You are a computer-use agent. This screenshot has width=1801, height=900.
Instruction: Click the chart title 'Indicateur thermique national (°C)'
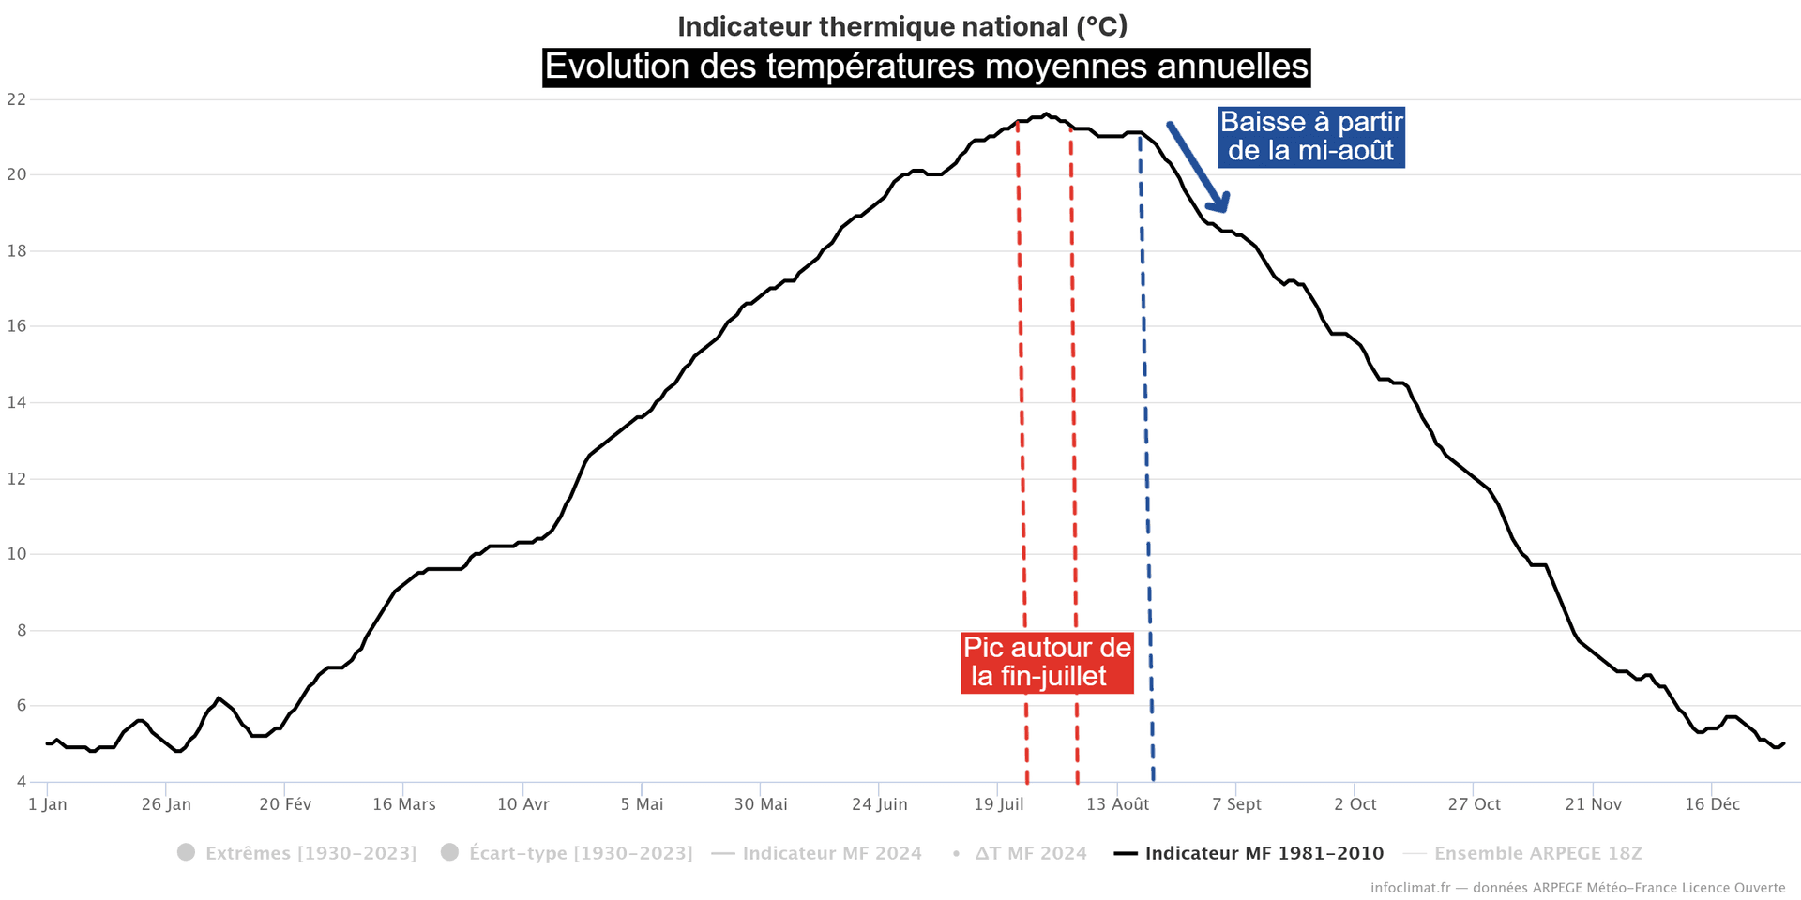tap(902, 26)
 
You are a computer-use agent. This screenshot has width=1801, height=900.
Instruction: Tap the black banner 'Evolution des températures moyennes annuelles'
tap(926, 67)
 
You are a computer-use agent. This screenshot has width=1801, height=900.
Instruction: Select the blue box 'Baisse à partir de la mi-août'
tap(1310, 137)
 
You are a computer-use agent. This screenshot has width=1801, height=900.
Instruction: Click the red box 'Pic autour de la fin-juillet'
tap(1047, 662)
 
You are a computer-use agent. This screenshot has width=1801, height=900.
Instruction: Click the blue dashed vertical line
tap(1146, 469)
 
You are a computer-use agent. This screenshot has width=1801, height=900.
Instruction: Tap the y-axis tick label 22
tap(16, 99)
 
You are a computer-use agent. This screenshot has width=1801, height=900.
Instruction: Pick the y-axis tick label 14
tap(16, 402)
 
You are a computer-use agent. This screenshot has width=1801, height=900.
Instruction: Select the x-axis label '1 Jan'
tap(48, 804)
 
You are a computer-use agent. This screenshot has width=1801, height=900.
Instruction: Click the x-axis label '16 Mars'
tap(403, 804)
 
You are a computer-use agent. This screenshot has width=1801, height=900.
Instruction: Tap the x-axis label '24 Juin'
tap(879, 804)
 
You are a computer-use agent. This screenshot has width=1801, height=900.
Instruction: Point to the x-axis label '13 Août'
tap(1117, 804)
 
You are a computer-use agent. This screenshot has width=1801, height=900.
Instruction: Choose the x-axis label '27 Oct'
tap(1474, 804)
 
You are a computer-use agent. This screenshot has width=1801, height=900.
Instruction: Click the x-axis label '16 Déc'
tap(1712, 804)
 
